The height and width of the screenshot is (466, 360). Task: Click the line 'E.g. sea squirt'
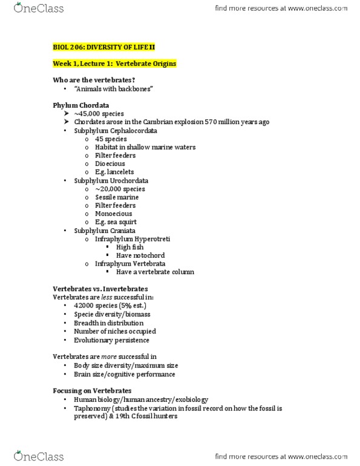(116, 222)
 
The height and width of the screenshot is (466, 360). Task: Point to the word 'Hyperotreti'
(153, 239)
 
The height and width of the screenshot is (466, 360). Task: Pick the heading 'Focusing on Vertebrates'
(92, 391)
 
